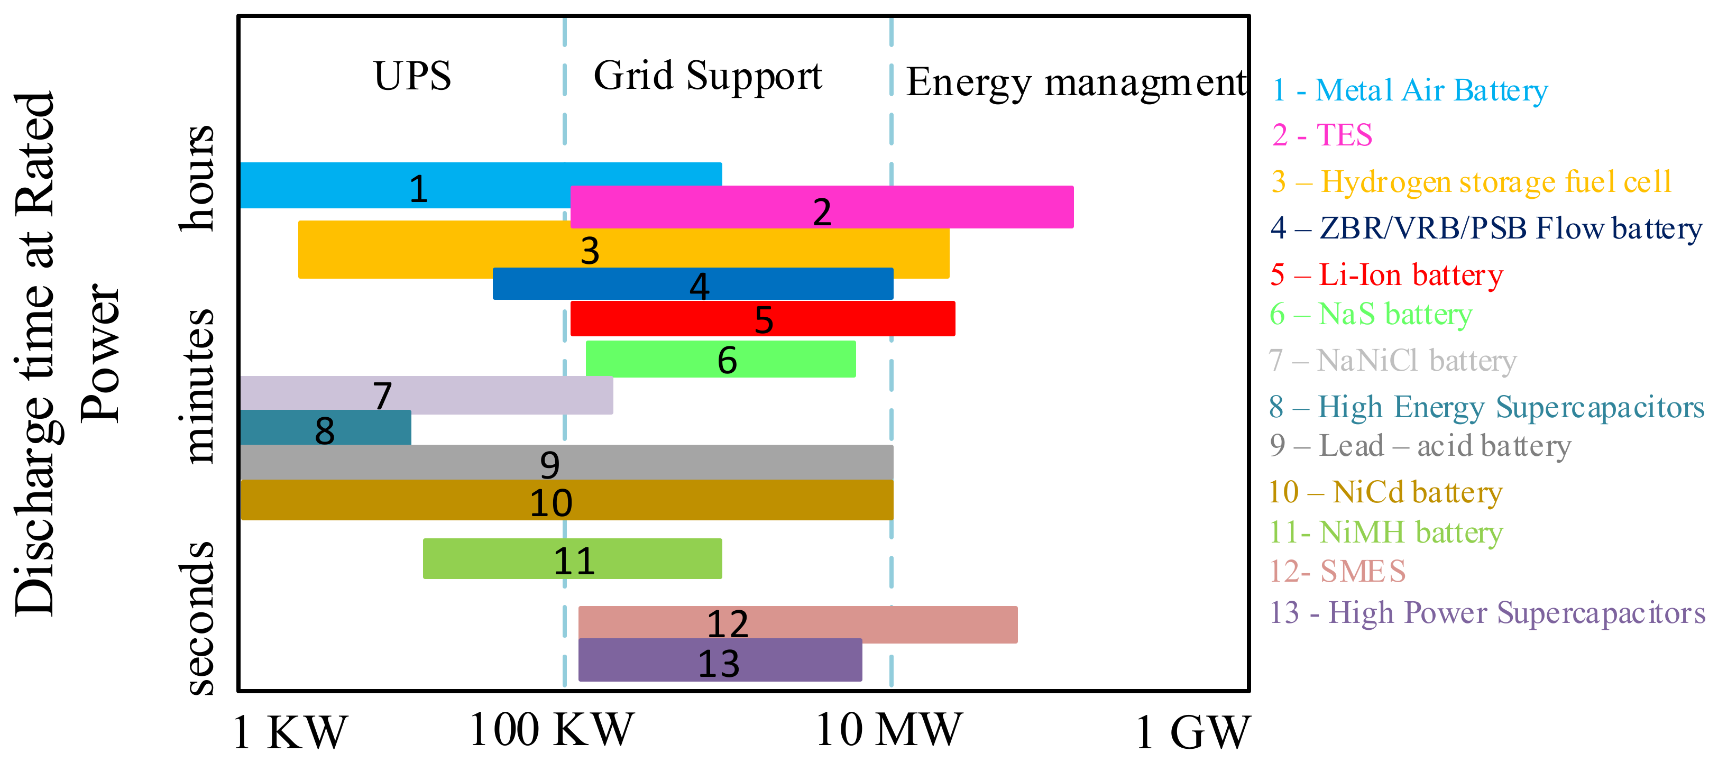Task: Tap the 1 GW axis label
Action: (1191, 732)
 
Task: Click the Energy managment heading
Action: (1075, 84)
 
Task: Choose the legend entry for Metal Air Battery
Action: (1409, 90)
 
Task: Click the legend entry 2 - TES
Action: (1322, 135)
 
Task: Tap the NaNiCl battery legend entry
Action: (1393, 361)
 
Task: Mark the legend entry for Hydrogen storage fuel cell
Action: (1471, 182)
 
